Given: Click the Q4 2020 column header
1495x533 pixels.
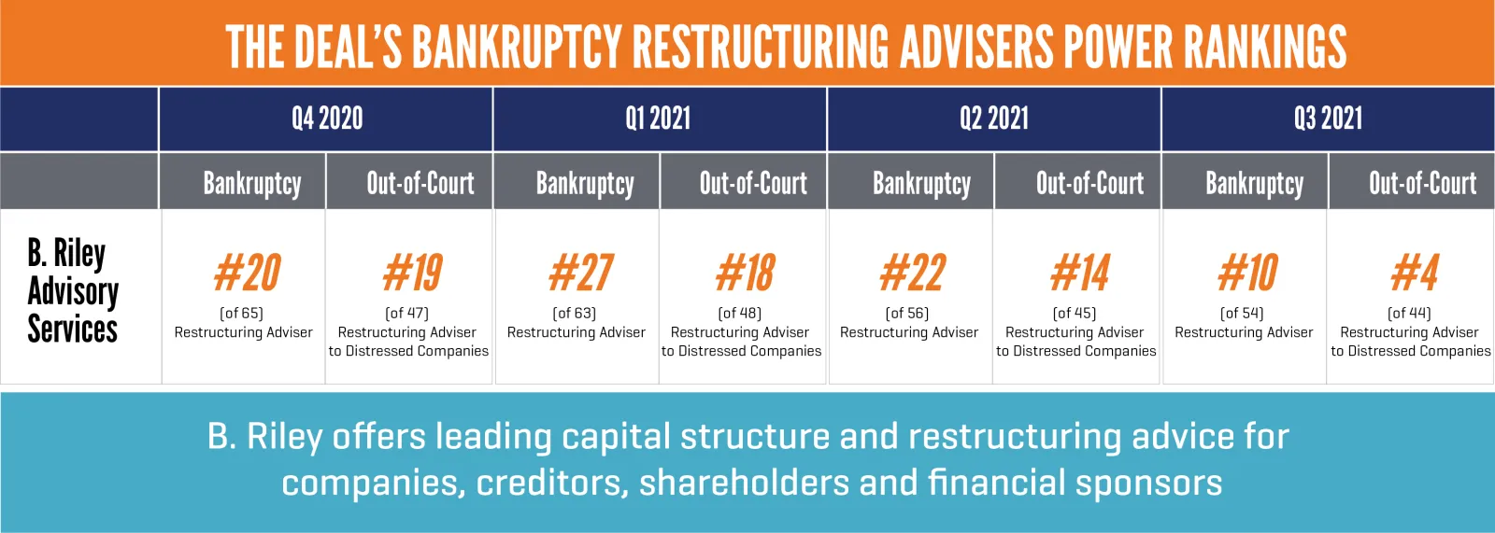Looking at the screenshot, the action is [x=327, y=119].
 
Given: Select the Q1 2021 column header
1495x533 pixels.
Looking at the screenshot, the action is [x=658, y=119].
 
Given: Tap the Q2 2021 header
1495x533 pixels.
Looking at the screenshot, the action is [x=994, y=119].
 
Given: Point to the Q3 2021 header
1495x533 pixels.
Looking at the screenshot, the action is [x=1328, y=119].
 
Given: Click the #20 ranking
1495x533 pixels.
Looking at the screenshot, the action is [x=248, y=273].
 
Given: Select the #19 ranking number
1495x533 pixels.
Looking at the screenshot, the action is [x=413, y=273].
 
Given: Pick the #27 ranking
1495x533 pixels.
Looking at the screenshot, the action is [x=581, y=273].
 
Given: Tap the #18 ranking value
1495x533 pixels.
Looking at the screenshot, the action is [x=745, y=273].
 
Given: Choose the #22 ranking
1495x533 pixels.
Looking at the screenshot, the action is [x=913, y=273].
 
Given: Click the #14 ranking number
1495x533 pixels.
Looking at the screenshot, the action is [x=1080, y=273].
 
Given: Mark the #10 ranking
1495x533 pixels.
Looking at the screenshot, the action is [x=1248, y=273].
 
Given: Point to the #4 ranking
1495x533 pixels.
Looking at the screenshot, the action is [x=1415, y=273].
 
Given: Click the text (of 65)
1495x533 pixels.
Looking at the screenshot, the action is [x=242, y=313].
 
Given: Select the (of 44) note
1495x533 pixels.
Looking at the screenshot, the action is [x=1410, y=313].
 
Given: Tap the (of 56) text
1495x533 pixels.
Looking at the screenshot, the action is [x=907, y=313].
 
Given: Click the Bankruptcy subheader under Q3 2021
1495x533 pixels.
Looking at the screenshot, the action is [x=1255, y=184].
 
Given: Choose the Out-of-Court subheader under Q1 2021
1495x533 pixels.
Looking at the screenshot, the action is [x=753, y=184].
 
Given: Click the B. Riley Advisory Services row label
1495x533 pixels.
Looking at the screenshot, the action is [x=73, y=290].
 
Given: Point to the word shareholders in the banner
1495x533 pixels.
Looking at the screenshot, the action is [x=744, y=483].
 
